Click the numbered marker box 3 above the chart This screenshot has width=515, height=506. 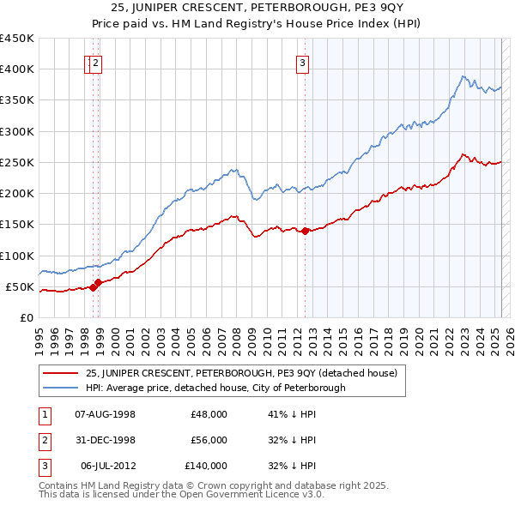[x=303, y=62]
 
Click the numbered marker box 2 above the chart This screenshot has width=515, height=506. [x=95, y=62]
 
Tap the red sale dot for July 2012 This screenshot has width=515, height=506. [x=305, y=231]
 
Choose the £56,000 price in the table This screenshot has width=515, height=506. [x=209, y=440]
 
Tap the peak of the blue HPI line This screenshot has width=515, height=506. [x=463, y=76]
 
